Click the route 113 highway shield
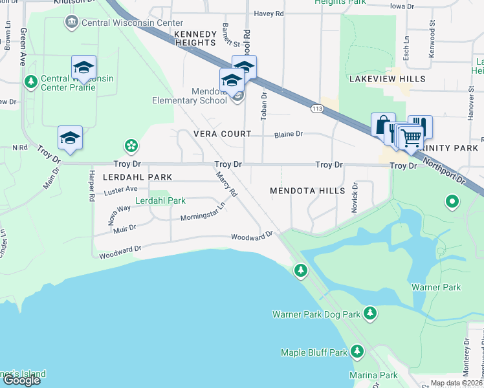[x=316, y=107]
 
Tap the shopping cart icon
[x=410, y=136]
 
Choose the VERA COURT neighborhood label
[x=222, y=134]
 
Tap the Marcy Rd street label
[x=227, y=185]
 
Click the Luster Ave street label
[x=121, y=190]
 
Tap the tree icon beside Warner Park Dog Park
[x=370, y=314]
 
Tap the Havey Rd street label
[x=269, y=13]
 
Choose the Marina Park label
[x=373, y=375]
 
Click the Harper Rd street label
[x=91, y=184]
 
